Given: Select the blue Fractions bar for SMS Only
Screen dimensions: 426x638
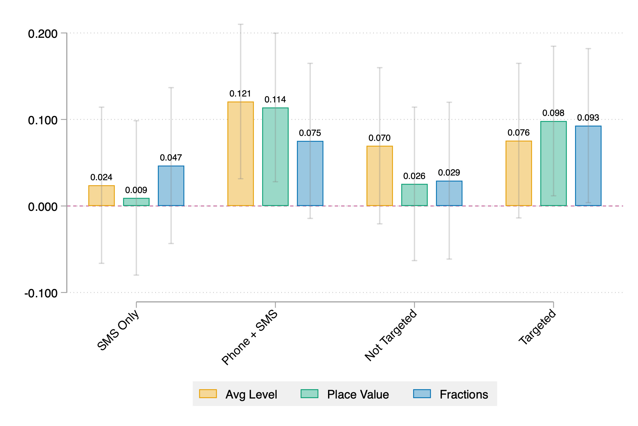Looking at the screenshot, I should [171, 186].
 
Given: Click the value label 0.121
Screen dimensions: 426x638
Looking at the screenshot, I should [240, 94].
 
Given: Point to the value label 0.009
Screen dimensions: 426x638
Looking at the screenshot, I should [136, 190].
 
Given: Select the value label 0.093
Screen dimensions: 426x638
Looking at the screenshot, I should [588, 118].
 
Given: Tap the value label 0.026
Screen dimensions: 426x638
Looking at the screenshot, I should [414, 176].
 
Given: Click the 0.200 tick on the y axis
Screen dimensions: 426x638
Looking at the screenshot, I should [43, 34].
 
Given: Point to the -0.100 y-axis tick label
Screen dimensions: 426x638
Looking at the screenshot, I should [41, 294].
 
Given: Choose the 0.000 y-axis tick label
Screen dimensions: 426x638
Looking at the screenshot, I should [43, 207].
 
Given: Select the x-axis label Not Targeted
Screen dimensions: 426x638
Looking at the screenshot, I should [390, 335].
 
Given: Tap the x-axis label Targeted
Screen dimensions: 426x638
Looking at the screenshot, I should [537, 327].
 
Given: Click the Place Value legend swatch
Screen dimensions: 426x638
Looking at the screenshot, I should [309, 394].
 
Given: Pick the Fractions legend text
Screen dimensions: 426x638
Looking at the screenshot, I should [464, 394].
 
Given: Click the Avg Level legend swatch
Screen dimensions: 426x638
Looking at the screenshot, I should [208, 394].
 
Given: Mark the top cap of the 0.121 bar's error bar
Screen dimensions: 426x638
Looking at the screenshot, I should [240, 24].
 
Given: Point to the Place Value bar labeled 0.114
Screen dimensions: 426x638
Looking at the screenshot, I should [275, 156].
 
